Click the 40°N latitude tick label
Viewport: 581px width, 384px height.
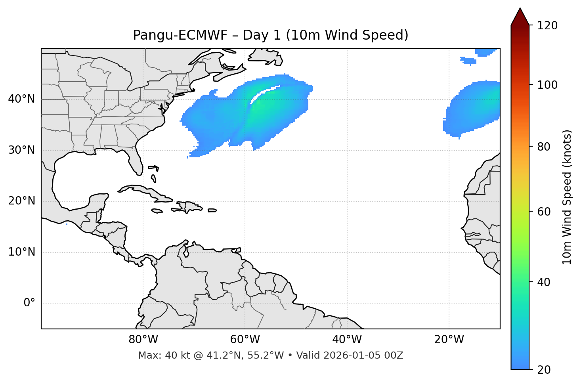click(x=21, y=99)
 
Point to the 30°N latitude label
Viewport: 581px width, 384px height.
click(x=21, y=150)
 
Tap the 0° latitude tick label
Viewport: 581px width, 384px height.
click(x=29, y=303)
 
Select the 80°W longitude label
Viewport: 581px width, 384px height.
click(x=143, y=340)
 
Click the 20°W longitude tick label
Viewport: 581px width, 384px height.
click(x=449, y=340)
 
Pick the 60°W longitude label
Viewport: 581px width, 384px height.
click(x=245, y=340)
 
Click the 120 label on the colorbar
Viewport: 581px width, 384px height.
click(x=548, y=26)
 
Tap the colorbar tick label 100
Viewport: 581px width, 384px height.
click(x=548, y=85)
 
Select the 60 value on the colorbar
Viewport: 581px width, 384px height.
click(x=544, y=212)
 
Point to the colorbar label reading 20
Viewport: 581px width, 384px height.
click(x=544, y=370)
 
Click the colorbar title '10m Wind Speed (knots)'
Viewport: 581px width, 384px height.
click(x=567, y=197)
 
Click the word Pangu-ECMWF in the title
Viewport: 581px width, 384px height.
click(x=180, y=35)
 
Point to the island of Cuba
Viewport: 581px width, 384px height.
click(x=145, y=191)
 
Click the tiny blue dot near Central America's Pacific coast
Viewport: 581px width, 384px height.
click(x=67, y=224)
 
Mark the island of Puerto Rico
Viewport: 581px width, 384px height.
click(x=212, y=210)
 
